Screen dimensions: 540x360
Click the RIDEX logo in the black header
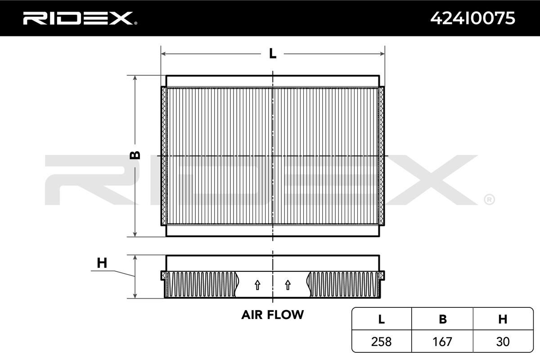click(x=80, y=18)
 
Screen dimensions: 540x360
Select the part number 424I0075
click(x=472, y=18)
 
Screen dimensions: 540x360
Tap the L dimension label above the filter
click(x=273, y=54)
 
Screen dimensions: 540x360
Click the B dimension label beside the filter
click(x=135, y=155)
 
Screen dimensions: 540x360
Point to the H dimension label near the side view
click(x=102, y=263)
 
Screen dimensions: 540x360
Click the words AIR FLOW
click(x=272, y=315)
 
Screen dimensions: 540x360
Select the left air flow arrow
click(x=257, y=285)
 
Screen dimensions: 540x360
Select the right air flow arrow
click(x=288, y=285)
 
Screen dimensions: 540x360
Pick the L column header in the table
click(x=382, y=319)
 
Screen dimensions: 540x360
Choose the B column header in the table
click(x=443, y=319)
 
